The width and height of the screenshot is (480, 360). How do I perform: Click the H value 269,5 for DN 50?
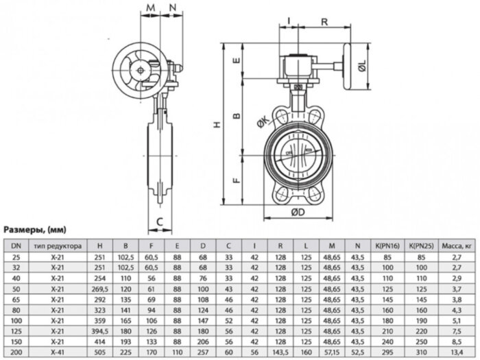(x=101, y=290)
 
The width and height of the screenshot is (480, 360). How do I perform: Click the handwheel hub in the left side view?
(x=141, y=69)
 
